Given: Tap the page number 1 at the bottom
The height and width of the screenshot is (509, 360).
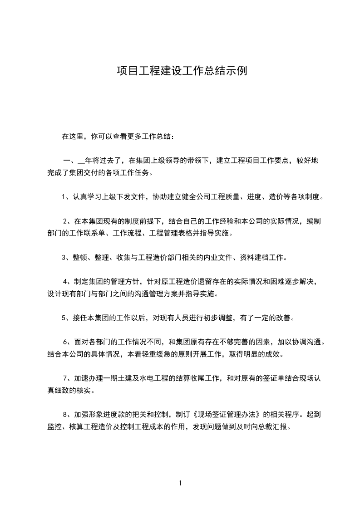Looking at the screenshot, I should tap(180, 483).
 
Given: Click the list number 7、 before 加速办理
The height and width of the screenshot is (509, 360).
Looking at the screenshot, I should tap(67, 378).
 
